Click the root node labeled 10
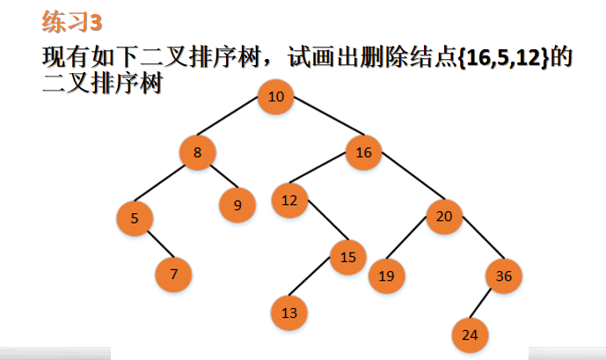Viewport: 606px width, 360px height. [275, 97]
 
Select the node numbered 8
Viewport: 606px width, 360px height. [198, 152]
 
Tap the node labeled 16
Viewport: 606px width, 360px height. [363, 152]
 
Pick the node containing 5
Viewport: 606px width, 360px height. [135, 218]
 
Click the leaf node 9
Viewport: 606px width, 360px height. [237, 205]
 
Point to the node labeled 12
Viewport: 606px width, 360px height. [289, 201]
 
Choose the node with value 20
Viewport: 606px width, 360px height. [444, 217]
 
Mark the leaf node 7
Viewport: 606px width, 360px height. [173, 274]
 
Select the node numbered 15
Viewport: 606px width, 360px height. [348, 257]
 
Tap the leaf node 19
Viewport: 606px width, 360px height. [386, 276]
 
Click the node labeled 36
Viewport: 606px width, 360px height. [504, 276]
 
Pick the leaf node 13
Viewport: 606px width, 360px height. [289, 312]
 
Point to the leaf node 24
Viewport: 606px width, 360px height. [470, 334]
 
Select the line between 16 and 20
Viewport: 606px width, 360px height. [413, 176]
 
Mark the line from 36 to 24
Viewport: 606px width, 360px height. [480, 303]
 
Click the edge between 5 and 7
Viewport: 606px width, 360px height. [160, 244]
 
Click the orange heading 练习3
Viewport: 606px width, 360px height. [72, 21]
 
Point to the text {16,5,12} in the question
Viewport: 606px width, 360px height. [504, 58]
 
